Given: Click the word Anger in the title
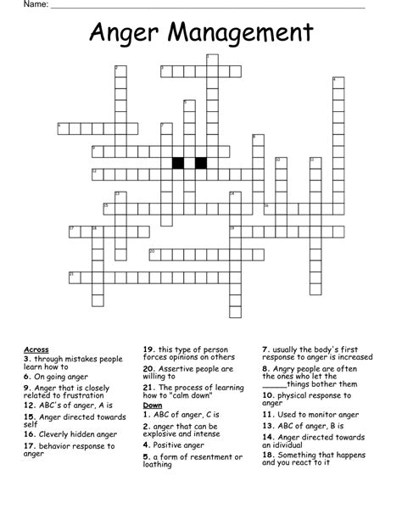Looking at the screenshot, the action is coord(123,34).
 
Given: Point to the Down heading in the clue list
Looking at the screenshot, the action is coord(153,405).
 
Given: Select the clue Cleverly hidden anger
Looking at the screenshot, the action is coord(77,433).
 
